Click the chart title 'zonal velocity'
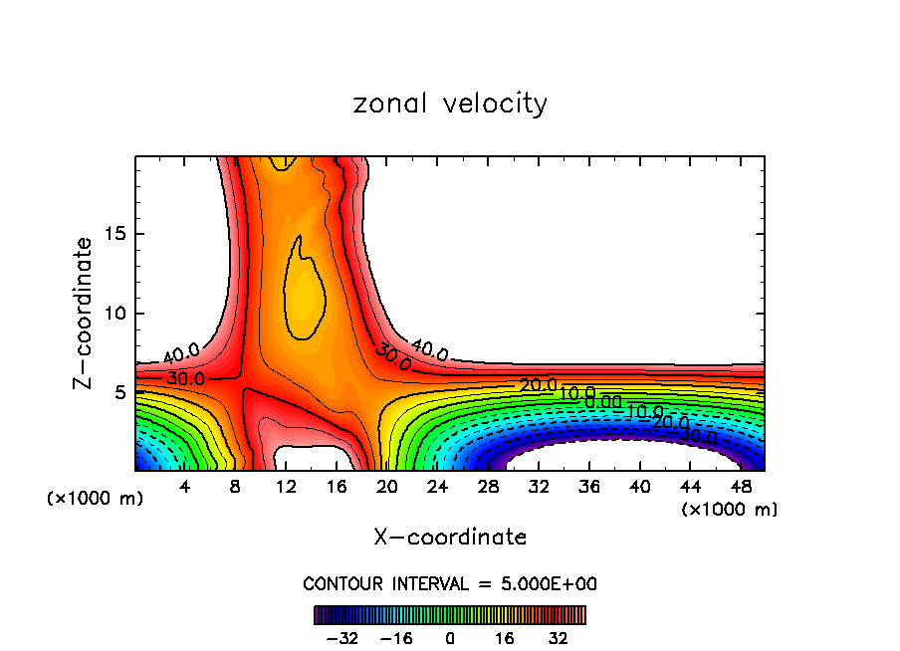click(450, 104)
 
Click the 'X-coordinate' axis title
click(450, 538)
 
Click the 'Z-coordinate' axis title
click(84, 313)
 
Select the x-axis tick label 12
click(286, 487)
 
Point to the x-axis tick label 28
click(488, 487)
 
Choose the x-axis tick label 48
click(740, 487)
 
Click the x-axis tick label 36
click(588, 487)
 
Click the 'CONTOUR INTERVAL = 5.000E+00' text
click(450, 584)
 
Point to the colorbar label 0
click(450, 637)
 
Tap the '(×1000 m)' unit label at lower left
click(96, 499)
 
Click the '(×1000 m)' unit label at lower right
click(730, 510)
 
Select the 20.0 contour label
click(538, 385)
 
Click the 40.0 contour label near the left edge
click(181, 352)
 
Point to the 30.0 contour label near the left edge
click(185, 378)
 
